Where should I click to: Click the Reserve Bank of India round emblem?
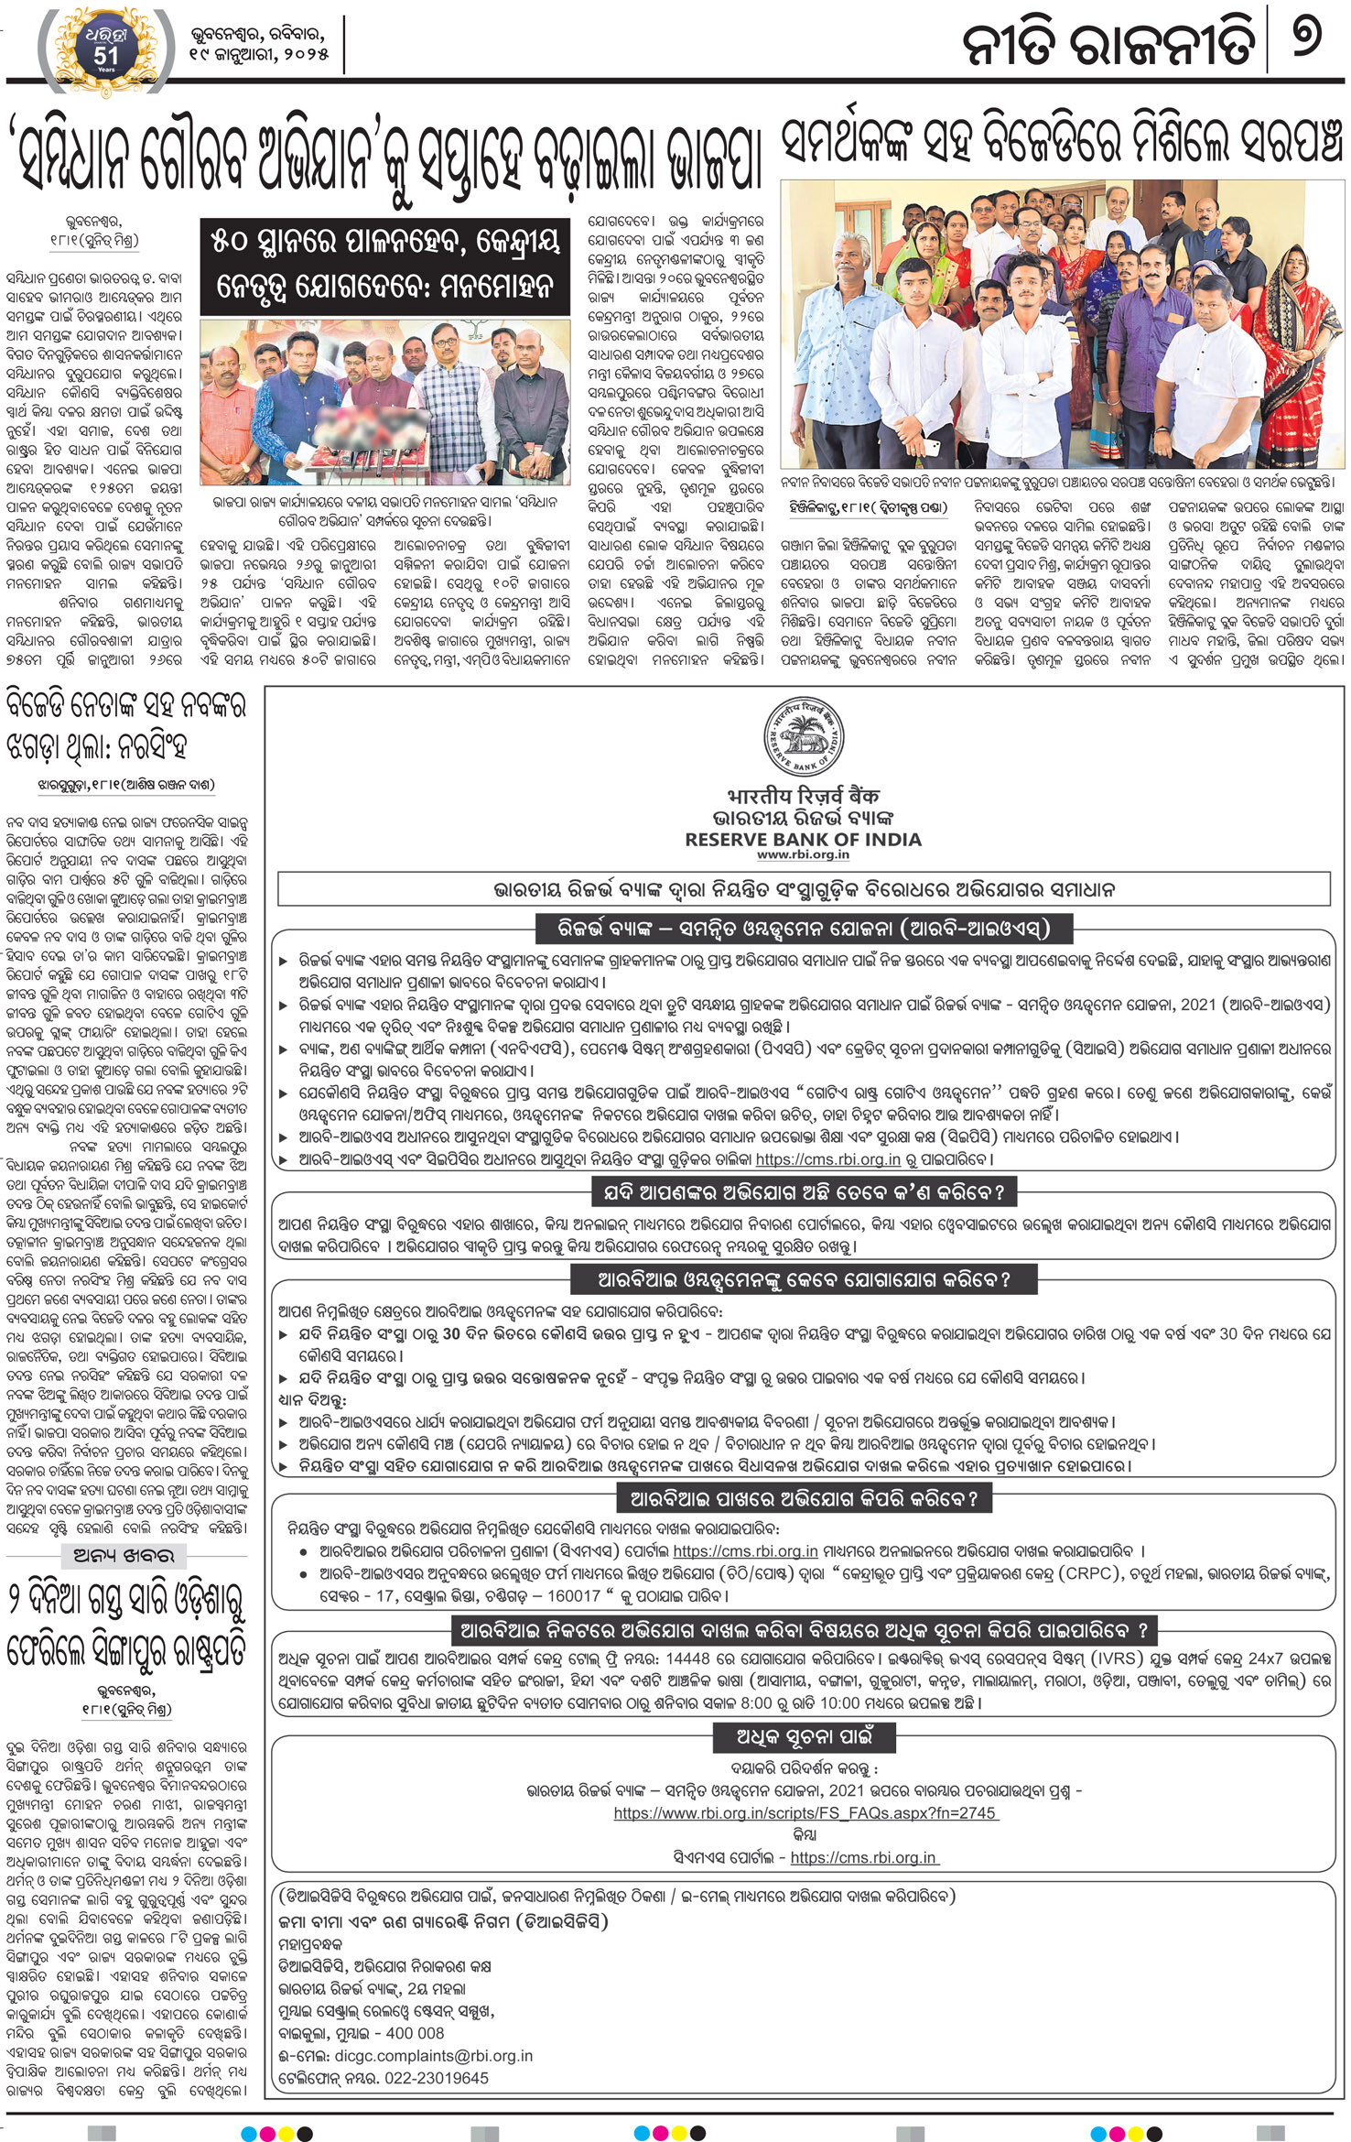(x=804, y=738)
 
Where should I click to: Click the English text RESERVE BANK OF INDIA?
(x=803, y=840)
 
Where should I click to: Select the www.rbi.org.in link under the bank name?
(x=803, y=855)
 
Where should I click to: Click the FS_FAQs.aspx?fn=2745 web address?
(x=805, y=1813)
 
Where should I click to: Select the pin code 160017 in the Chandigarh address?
(x=573, y=1596)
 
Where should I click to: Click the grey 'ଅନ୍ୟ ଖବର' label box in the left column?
(x=123, y=1555)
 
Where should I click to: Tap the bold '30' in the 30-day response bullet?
(x=451, y=1334)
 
